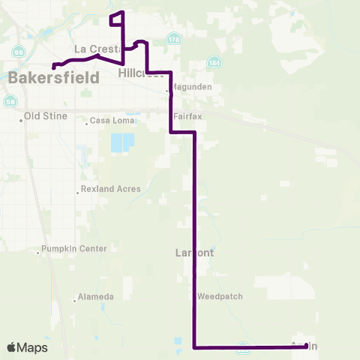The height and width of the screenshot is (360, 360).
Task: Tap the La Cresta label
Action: (93, 49)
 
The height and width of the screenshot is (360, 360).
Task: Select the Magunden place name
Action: (193, 87)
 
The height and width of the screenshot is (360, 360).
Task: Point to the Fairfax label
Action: (188, 116)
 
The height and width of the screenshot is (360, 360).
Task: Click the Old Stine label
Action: (46, 116)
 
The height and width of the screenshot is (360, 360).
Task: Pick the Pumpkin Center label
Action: (75, 248)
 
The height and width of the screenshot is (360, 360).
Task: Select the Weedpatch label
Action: (220, 296)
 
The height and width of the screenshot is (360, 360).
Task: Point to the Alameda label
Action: (97, 297)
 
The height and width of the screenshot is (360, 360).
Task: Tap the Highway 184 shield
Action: (215, 61)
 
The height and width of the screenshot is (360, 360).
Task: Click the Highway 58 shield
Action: (10, 101)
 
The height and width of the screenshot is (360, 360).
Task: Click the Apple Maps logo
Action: (27, 347)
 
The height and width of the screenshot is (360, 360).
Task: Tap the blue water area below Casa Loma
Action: (121, 142)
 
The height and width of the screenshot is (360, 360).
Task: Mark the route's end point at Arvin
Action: (306, 346)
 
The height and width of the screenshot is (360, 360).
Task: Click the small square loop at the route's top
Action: (117, 19)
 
